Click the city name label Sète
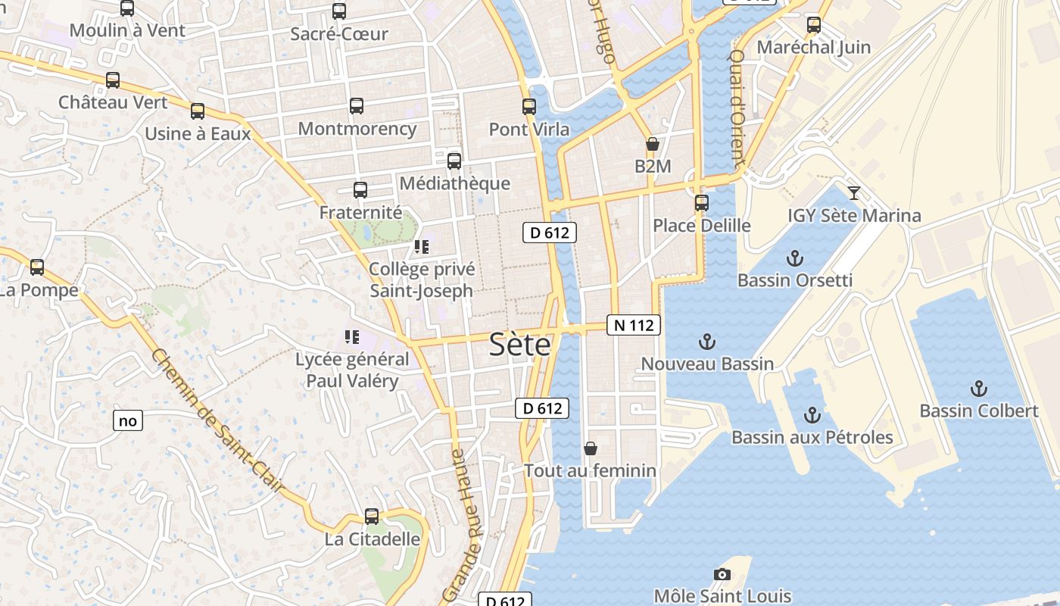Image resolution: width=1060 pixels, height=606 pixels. pos(520,345)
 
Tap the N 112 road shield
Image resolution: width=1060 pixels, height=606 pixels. pos(634,326)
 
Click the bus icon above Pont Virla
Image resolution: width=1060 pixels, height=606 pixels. pos(529,107)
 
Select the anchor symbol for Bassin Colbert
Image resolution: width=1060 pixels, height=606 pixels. pos(979,389)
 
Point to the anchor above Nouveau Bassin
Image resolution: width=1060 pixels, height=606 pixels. pos(707,342)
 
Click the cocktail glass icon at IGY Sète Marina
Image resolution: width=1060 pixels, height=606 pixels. pos(854,193)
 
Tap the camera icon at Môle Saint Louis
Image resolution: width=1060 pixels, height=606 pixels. pos(722,575)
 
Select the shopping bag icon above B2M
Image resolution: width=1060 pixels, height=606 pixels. pos(652,144)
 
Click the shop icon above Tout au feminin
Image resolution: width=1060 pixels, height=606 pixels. pos(591,448)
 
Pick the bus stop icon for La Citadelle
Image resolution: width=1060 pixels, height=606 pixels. pos(372,517)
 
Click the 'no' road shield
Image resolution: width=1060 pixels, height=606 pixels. pos(128,420)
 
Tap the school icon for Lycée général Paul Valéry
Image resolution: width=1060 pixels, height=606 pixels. pos(351,336)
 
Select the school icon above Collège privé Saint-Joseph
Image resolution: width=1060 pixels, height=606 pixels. pos(422,247)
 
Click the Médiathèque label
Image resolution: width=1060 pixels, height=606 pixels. pos(454,183)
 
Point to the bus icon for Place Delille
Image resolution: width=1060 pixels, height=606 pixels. pos(702,203)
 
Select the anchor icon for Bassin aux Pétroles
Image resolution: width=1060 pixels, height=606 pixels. pos(812,415)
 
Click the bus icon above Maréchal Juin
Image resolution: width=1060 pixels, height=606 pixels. pos(814,25)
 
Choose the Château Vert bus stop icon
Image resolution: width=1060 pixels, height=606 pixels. pos(113,80)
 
